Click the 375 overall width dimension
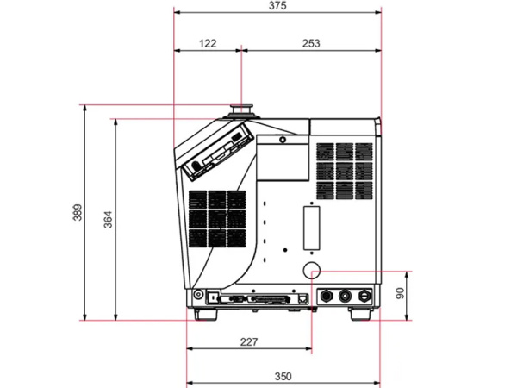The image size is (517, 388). (277, 6)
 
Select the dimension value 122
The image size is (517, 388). (208, 43)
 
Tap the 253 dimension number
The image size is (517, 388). (311, 43)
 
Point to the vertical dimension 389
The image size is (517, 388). (78, 212)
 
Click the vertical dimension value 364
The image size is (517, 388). (108, 219)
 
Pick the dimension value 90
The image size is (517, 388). (400, 293)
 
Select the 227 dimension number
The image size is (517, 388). (249, 342)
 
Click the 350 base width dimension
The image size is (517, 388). (283, 377)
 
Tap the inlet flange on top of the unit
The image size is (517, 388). (241, 111)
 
